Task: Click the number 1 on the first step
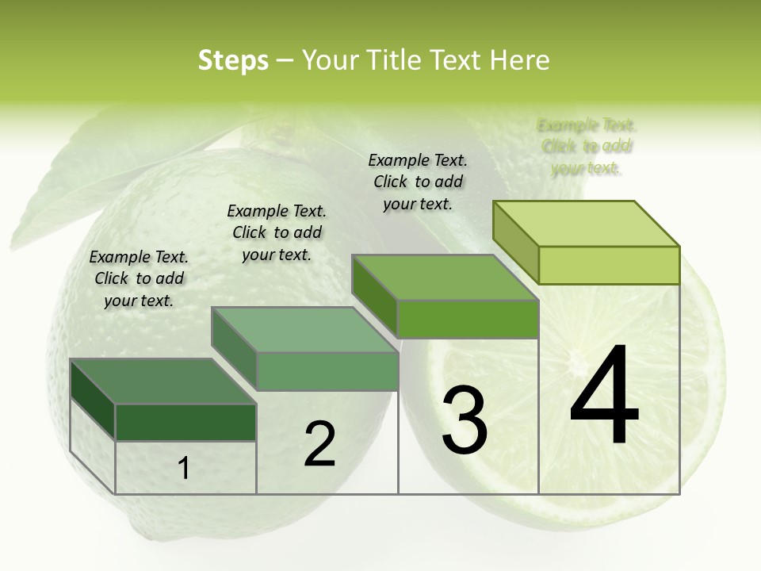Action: [x=184, y=468]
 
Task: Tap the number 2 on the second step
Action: [x=319, y=443]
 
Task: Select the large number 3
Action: [x=465, y=420]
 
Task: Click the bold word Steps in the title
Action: [x=233, y=60]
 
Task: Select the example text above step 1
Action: [x=139, y=278]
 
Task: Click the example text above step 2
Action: [x=277, y=232]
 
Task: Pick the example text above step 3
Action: [x=418, y=182]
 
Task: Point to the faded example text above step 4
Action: [x=587, y=146]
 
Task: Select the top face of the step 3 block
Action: [x=445, y=278]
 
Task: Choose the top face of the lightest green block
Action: [x=586, y=224]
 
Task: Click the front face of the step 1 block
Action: [x=185, y=422]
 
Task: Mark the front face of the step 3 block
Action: [x=468, y=320]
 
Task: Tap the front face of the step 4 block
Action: [x=609, y=265]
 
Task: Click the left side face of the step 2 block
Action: [x=234, y=350]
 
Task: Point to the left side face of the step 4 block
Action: [x=515, y=243]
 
